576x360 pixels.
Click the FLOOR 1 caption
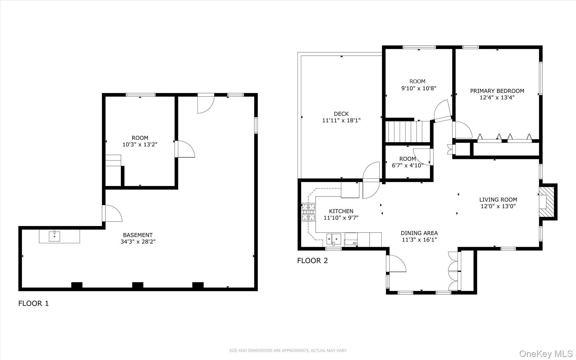tap(33, 303)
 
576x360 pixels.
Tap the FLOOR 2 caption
tap(312, 261)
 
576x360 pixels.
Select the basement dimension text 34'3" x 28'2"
tap(138, 242)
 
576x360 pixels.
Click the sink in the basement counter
tap(54, 236)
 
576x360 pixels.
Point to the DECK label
tap(341, 114)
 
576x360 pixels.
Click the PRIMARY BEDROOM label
tap(497, 91)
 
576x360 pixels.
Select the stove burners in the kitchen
tap(309, 212)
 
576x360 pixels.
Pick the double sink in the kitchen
tap(334, 239)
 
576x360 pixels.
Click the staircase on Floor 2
tap(408, 131)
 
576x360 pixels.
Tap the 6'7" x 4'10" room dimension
tap(408, 166)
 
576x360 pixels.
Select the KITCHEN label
tap(341, 211)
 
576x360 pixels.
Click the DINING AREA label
tap(419, 233)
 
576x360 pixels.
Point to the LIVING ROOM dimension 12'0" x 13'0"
tap(498, 206)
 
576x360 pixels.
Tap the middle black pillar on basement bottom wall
tap(138, 285)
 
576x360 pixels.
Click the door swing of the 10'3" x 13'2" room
tap(185, 149)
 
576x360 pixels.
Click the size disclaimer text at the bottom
tap(288, 350)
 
